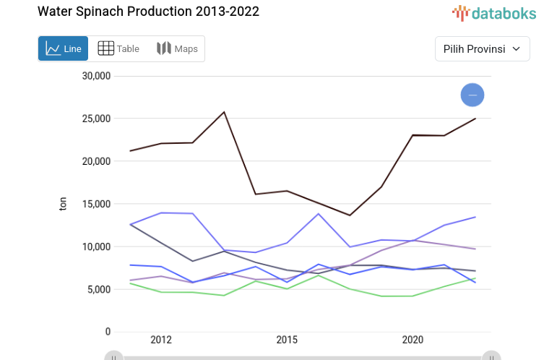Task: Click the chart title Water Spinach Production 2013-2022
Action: pos(148,12)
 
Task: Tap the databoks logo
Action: pos(494,12)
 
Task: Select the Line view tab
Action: pos(64,48)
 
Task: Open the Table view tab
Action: pos(118,48)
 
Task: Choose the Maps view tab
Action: pos(177,48)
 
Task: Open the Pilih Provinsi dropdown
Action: pos(482,48)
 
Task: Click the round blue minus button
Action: pos(472,95)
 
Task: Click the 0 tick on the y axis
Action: pos(108,332)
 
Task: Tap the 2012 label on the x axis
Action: pos(161,340)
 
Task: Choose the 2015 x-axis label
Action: pos(287,340)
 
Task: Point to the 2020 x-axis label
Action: pos(413,340)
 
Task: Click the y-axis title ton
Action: pos(63,204)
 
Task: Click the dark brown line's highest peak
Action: pos(224,112)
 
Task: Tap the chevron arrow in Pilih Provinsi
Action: pos(516,48)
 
